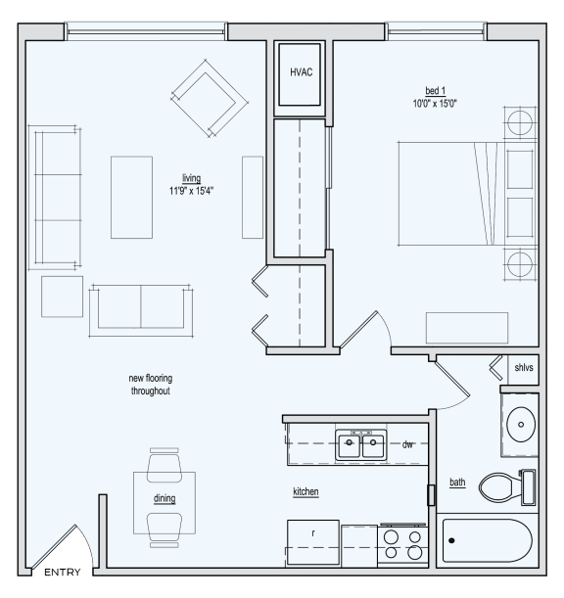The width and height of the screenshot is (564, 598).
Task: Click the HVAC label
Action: (x=301, y=73)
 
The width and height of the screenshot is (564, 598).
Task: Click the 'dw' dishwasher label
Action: (x=408, y=444)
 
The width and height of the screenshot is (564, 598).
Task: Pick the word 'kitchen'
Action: (x=305, y=491)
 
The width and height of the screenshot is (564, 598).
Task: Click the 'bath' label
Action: (x=457, y=482)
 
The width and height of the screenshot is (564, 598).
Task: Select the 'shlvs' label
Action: (x=525, y=368)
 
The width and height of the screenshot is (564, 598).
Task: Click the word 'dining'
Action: (x=164, y=498)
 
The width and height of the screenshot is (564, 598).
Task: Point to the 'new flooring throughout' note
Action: (x=151, y=385)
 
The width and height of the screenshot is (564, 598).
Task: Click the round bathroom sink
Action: (x=520, y=422)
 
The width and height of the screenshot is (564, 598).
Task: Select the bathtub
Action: (x=487, y=540)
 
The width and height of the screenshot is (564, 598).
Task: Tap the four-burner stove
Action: (x=401, y=546)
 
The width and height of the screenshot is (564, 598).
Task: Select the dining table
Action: (x=164, y=501)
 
